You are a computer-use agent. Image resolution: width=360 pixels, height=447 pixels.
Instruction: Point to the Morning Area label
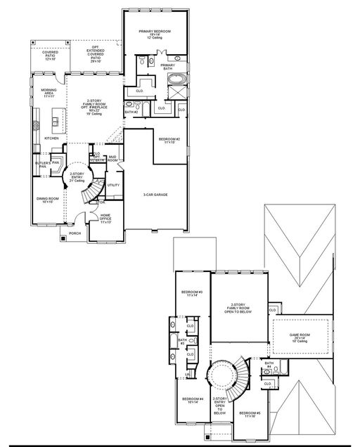(x=49, y=91)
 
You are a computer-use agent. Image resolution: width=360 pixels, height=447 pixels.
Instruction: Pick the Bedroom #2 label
(x=169, y=141)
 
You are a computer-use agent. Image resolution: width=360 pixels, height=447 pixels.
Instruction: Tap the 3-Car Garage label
(x=155, y=195)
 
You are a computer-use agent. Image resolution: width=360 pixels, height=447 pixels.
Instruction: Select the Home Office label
(x=105, y=218)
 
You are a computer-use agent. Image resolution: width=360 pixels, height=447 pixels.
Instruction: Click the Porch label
(x=75, y=233)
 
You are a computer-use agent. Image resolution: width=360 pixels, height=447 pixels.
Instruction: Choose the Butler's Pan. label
(x=42, y=164)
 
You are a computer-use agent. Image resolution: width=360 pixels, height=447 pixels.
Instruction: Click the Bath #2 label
(x=130, y=112)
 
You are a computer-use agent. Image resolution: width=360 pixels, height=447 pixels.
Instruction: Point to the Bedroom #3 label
(x=192, y=294)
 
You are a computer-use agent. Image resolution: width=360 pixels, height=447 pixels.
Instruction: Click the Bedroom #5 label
(x=249, y=414)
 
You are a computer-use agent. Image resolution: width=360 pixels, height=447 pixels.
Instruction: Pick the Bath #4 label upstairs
(x=269, y=365)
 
